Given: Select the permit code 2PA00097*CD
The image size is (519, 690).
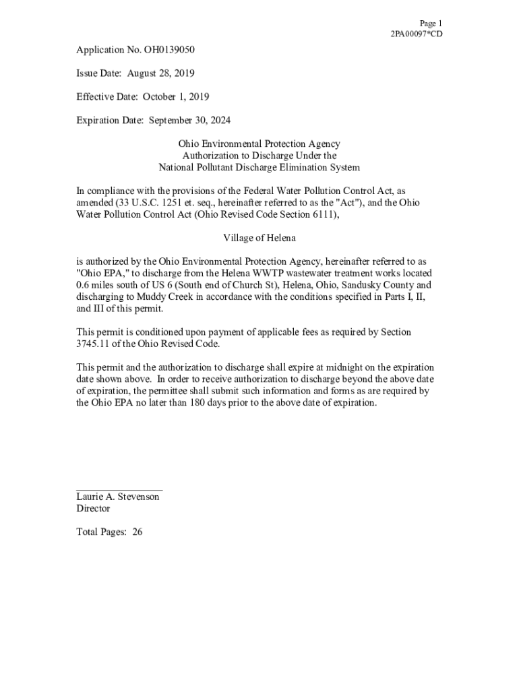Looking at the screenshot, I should [x=417, y=34].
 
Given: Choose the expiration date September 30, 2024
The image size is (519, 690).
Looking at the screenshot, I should [x=189, y=120].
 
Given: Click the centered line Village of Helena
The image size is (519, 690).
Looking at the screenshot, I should [x=259, y=238].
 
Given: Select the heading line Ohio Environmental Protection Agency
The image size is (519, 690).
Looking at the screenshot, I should [x=259, y=144].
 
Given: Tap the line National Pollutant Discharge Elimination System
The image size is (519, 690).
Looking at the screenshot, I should [x=259, y=167].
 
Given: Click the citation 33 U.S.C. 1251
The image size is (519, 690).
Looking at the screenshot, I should [x=143, y=202].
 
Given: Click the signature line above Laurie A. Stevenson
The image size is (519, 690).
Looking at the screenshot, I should [x=119, y=490].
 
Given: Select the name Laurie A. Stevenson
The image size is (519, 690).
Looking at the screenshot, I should [x=118, y=497].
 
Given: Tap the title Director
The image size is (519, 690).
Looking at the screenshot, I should [x=93, y=509].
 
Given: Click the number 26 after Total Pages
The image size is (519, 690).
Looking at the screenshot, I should [x=138, y=532].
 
